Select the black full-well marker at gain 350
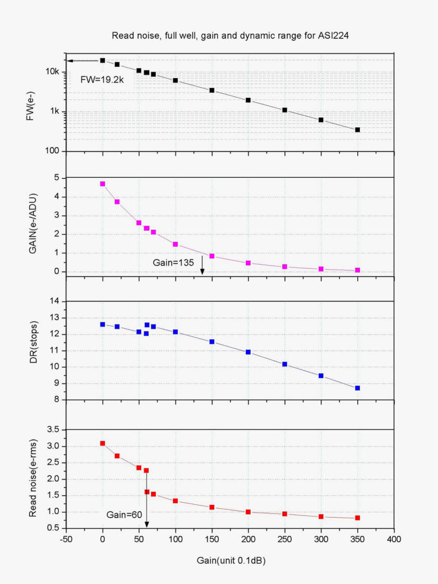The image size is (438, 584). pos(358,130)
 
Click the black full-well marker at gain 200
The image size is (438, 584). pos(248,100)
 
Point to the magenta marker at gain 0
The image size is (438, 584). pos(103,184)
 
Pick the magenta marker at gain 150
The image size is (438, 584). pos(212,256)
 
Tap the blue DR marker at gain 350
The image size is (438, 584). pos(358,388)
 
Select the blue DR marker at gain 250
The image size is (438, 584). pos(285,364)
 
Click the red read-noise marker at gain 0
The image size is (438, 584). pos(103,443)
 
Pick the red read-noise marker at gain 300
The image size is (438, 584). pos(321,517)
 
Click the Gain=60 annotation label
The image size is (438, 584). pos(123,515)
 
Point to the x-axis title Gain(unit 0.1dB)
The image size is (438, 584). pos(230,561)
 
